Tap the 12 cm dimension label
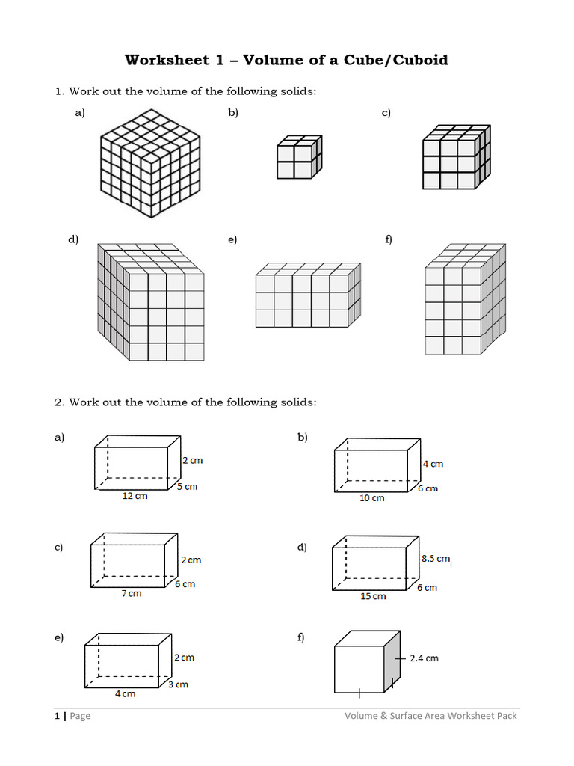(135, 496)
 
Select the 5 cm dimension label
(187, 486)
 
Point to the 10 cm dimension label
(371, 497)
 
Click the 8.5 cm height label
(435, 558)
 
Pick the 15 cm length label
(373, 596)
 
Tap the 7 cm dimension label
(131, 593)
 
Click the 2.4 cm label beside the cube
(424, 658)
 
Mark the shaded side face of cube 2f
(392, 663)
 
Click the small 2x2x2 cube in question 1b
(298, 157)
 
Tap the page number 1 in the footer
(57, 716)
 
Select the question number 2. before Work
(59, 402)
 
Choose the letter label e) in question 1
(232, 239)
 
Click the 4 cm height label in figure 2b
(433, 464)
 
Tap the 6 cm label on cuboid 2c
(185, 584)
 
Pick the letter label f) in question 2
(300, 637)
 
